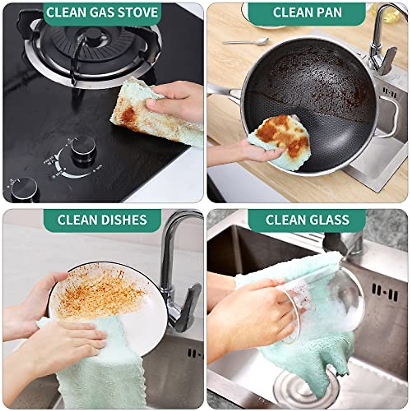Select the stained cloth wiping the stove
(151, 116)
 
